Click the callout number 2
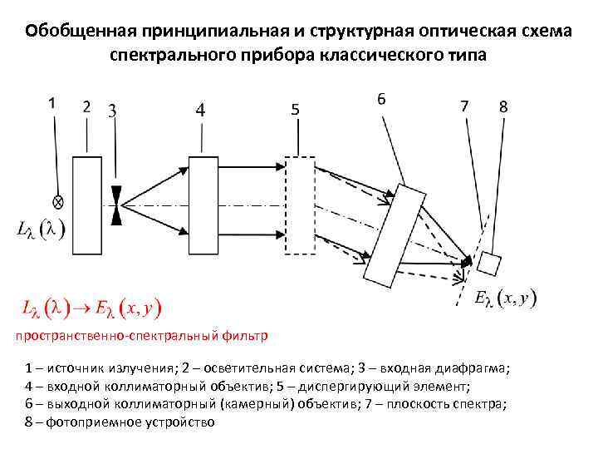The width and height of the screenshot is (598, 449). [x=87, y=106]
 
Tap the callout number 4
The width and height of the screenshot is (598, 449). [x=200, y=109]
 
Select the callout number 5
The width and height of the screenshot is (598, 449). [x=296, y=110]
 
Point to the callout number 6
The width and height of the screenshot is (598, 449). [x=381, y=98]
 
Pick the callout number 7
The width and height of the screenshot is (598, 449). [x=464, y=106]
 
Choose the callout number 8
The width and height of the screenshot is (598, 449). [x=504, y=106]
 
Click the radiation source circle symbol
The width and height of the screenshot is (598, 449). [x=58, y=201]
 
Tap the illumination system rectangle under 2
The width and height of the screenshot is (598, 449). [x=86, y=202]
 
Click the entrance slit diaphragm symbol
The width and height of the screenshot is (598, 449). [x=115, y=202]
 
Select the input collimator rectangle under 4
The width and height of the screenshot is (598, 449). [x=201, y=202]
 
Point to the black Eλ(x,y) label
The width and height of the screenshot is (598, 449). [x=504, y=297]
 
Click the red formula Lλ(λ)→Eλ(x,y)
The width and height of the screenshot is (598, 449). [x=91, y=308]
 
